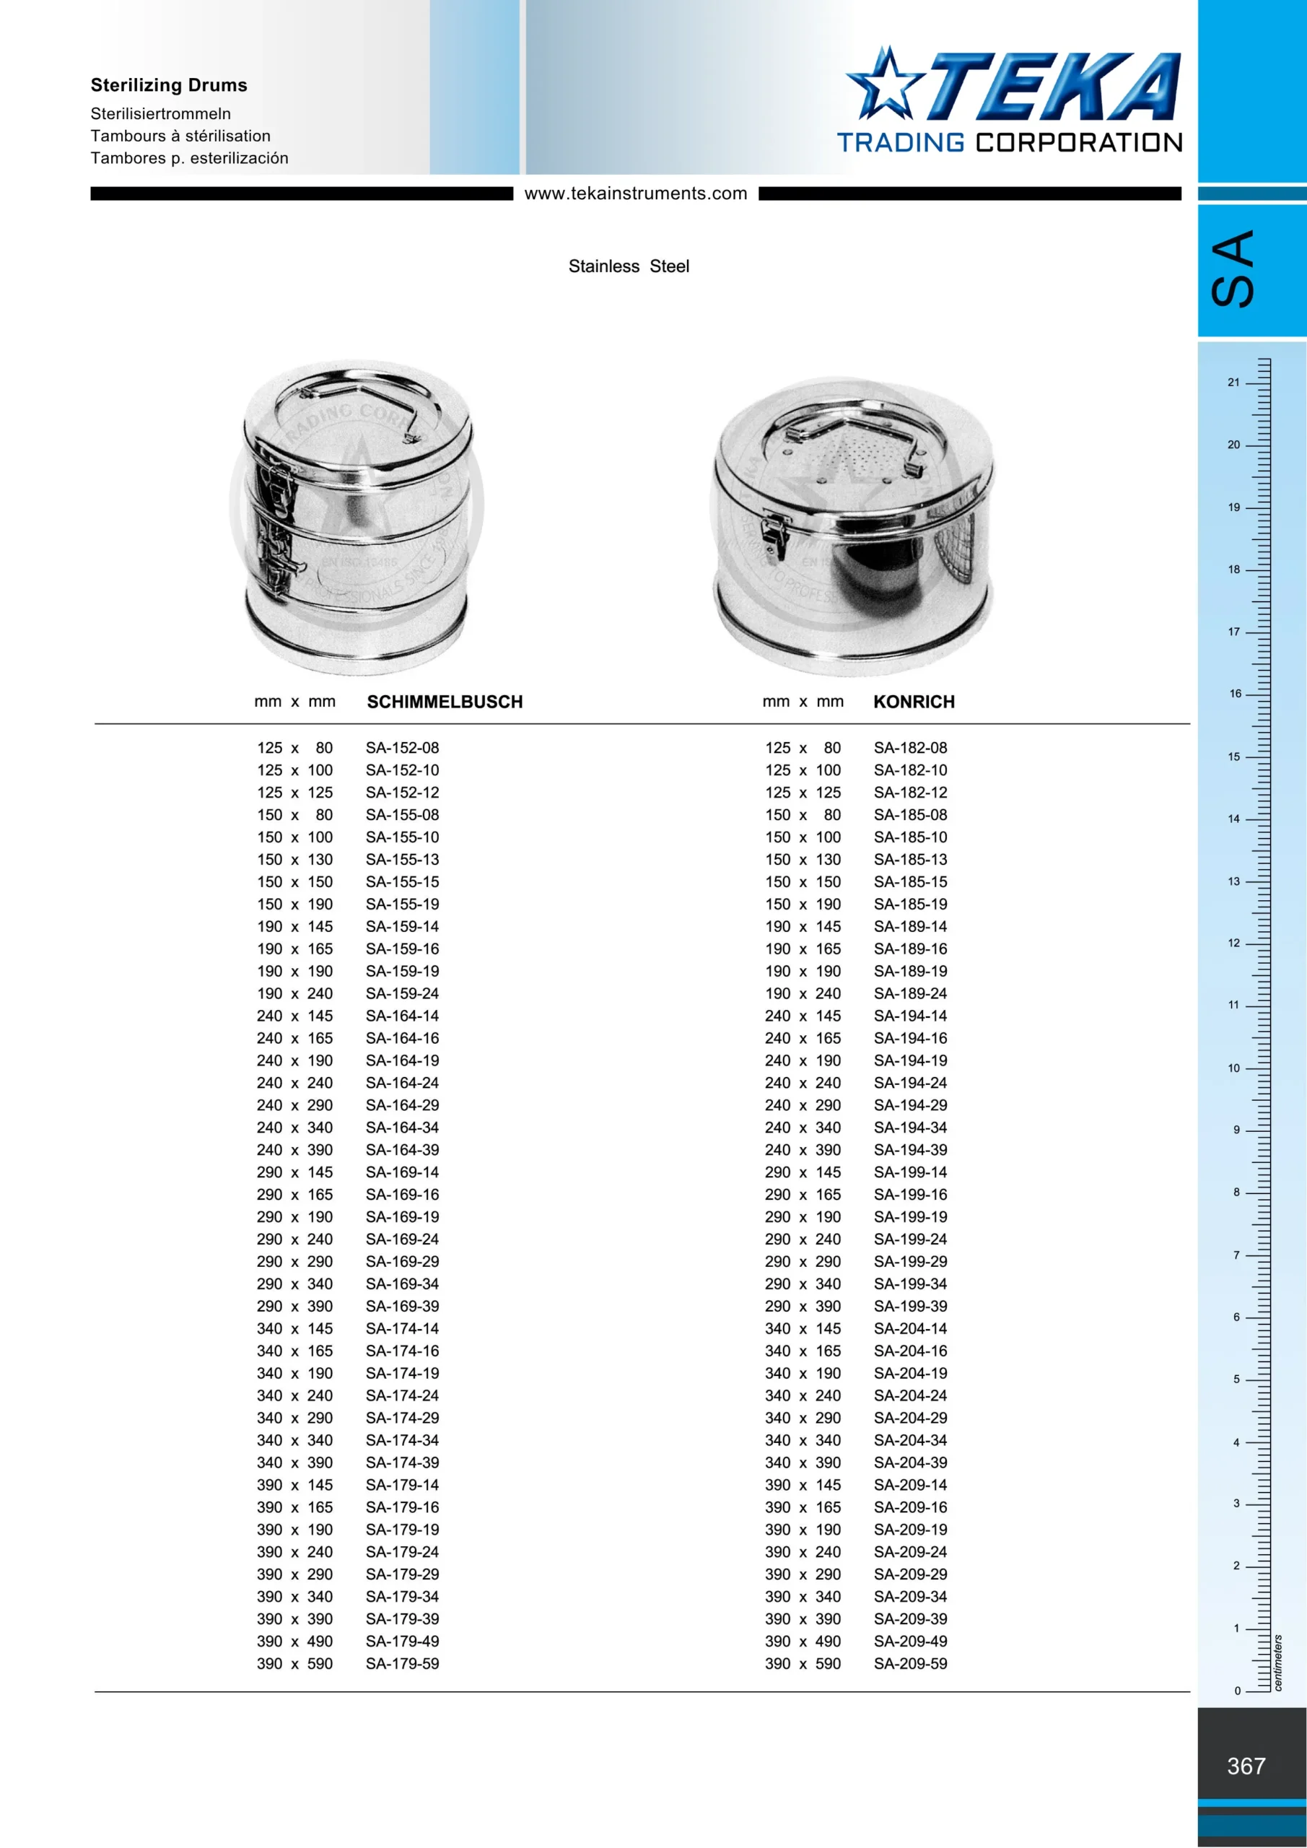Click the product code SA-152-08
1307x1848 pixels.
point(403,748)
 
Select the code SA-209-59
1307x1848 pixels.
point(910,1664)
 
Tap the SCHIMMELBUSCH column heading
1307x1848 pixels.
point(445,702)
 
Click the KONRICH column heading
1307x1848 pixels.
point(914,702)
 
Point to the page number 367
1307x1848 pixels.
point(1246,1766)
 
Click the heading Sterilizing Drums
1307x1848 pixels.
point(169,85)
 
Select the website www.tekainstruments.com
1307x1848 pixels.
point(636,193)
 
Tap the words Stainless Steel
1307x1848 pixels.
point(629,266)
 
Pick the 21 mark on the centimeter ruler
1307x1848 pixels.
point(1234,383)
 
